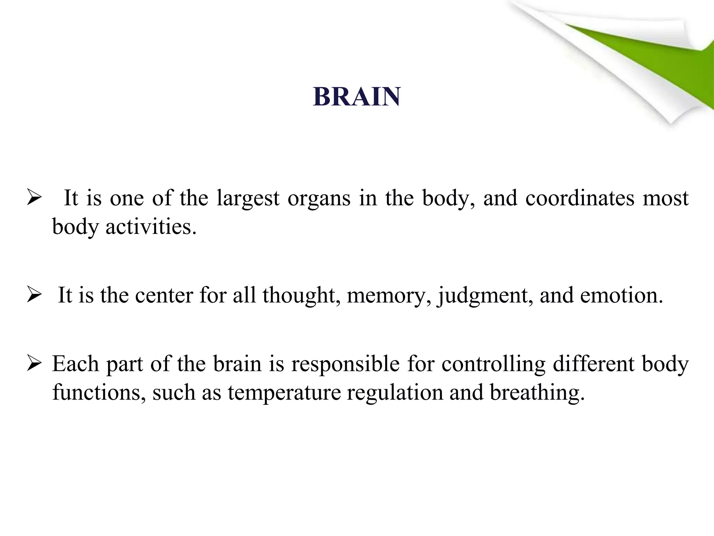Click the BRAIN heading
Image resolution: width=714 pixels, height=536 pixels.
point(357,96)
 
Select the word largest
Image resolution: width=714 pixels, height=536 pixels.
point(248,198)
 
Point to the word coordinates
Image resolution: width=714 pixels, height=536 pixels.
point(580,198)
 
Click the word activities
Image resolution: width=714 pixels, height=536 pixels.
point(151,227)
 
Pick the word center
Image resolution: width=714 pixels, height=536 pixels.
point(164,295)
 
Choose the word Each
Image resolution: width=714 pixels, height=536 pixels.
point(76,364)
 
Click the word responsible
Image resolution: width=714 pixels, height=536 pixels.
point(345,364)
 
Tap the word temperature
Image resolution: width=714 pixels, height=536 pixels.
point(284,393)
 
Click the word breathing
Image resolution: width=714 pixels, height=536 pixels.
point(537,393)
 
